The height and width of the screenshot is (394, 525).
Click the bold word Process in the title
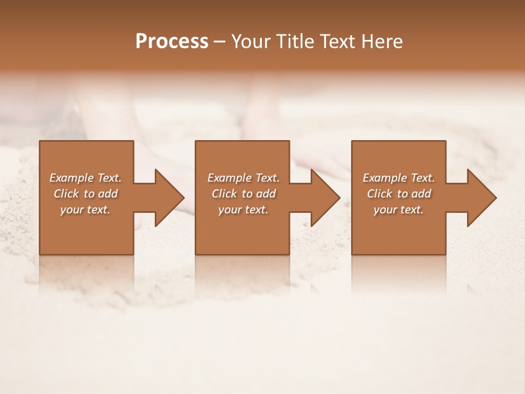tap(172, 42)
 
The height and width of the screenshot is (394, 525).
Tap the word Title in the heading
tap(295, 42)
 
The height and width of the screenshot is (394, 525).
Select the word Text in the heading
tap(339, 42)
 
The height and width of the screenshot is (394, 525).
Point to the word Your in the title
tap(251, 42)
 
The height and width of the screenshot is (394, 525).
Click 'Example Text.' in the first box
tap(85, 178)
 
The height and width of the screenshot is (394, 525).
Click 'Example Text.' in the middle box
tap(243, 178)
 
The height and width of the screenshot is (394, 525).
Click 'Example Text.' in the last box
tap(399, 178)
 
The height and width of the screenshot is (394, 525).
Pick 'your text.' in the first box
tap(85, 210)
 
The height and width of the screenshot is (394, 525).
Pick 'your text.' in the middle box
tap(243, 210)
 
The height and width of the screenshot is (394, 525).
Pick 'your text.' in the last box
tap(399, 210)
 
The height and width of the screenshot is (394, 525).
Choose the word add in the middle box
tap(266, 194)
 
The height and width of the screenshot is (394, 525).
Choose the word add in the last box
tap(421, 194)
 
